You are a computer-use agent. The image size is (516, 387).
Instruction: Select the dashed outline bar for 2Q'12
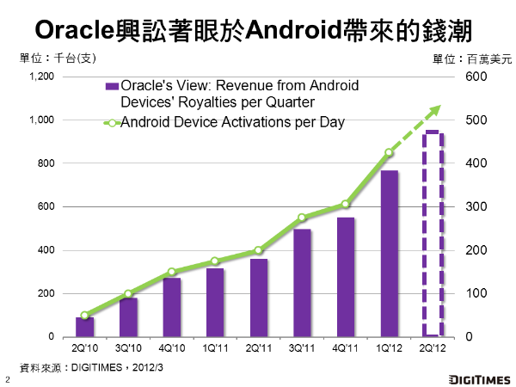click(x=432, y=234)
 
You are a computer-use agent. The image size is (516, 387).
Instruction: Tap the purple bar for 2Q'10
click(x=84, y=328)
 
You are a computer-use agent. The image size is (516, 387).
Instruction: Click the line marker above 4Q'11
click(x=345, y=205)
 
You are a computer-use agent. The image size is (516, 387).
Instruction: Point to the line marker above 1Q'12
click(x=389, y=153)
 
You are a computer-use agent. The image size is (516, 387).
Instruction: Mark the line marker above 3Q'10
click(x=128, y=294)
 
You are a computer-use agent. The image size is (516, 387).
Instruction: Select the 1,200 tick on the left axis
click(x=42, y=77)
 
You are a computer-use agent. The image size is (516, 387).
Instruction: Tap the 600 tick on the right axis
click(x=476, y=77)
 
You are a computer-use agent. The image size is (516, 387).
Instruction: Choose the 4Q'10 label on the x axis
click(x=171, y=349)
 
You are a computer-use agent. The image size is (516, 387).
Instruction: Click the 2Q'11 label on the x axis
click(x=258, y=349)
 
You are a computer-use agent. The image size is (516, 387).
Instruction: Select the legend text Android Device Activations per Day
click(x=232, y=122)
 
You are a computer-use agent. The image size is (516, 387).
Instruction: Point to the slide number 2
click(x=8, y=379)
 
